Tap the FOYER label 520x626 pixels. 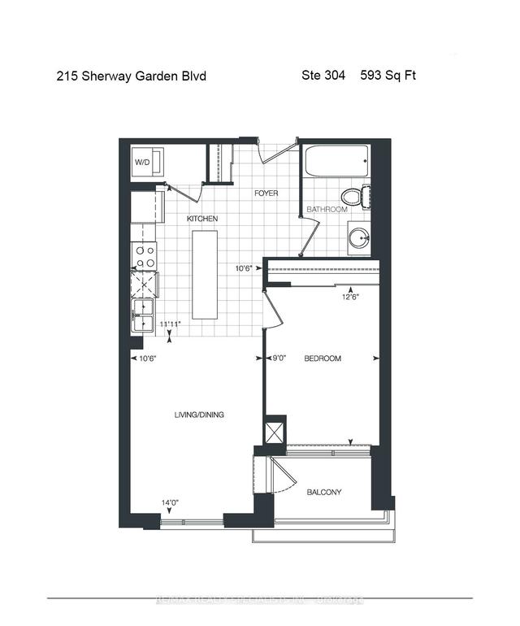tap(266, 193)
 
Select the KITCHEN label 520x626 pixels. tap(202, 220)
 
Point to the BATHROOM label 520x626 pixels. tap(327, 210)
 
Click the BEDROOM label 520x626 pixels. tap(323, 359)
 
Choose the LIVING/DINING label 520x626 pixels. tap(199, 415)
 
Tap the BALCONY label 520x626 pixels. tap(323, 493)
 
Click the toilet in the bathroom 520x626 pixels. tap(355, 197)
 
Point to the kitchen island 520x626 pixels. tap(205, 274)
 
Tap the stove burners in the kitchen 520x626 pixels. tap(145, 257)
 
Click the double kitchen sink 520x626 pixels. tap(143, 315)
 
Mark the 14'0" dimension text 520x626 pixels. tap(170, 503)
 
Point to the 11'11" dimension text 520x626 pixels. tap(169, 324)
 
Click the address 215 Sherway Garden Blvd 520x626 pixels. tap(131, 76)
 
